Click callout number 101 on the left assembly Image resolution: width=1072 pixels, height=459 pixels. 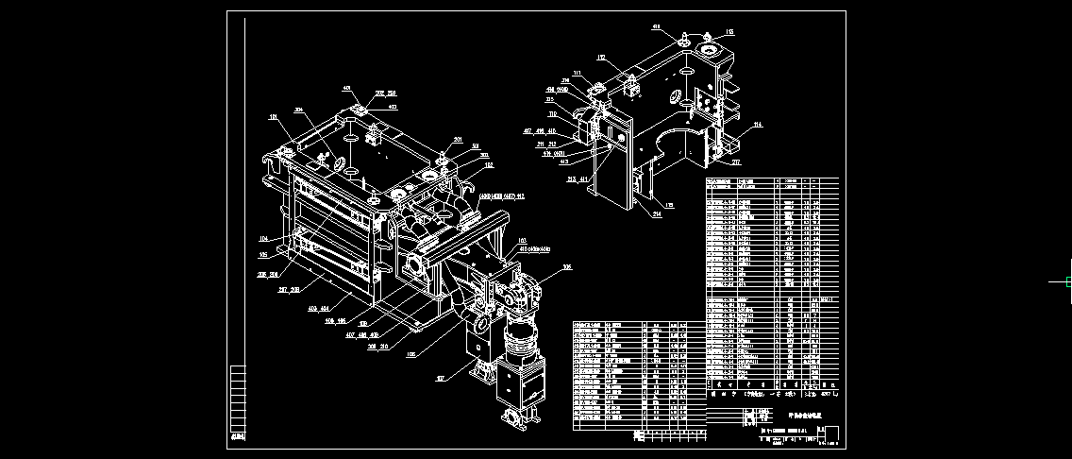click(275, 118)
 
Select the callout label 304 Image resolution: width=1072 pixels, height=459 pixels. click(300, 110)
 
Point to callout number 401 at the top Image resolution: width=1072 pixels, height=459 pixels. click(347, 89)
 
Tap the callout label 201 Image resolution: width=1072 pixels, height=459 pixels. click(458, 140)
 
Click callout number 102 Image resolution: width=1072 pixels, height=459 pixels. click(488, 164)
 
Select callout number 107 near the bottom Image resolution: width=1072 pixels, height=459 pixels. click(440, 378)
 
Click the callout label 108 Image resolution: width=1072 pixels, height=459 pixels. click(567, 267)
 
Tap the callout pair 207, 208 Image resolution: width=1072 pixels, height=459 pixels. click(289, 290)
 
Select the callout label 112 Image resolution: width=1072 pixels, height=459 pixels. click(600, 58)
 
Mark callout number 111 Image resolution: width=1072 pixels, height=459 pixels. click(578, 73)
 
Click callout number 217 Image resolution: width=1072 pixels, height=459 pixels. click(736, 161)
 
